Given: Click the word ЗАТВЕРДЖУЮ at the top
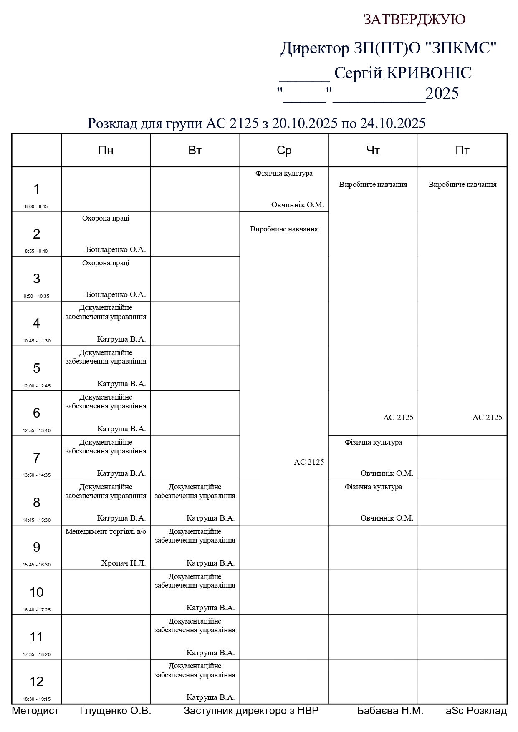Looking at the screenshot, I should (414, 19).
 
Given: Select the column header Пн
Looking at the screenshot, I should (106, 151).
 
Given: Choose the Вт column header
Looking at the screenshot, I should (195, 151).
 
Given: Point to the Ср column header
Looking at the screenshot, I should (284, 151).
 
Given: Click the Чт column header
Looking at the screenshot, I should (373, 151).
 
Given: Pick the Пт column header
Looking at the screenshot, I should (462, 151).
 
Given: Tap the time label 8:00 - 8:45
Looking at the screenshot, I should (36, 206).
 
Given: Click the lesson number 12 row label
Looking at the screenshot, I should (36, 682).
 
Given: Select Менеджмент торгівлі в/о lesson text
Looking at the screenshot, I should (106, 531).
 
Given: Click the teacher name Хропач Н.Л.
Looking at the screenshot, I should (123, 563).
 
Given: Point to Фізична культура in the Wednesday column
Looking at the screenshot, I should (284, 173).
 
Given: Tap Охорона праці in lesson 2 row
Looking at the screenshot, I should (106, 218).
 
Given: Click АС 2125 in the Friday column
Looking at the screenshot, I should (487, 418).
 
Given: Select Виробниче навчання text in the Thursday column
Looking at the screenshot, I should (373, 184).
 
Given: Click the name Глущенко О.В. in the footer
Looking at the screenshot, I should (115, 711).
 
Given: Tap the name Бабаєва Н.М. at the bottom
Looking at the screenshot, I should (390, 711).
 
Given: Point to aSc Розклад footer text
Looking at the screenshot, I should (476, 711).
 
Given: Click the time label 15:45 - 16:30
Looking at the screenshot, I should (36, 565).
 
